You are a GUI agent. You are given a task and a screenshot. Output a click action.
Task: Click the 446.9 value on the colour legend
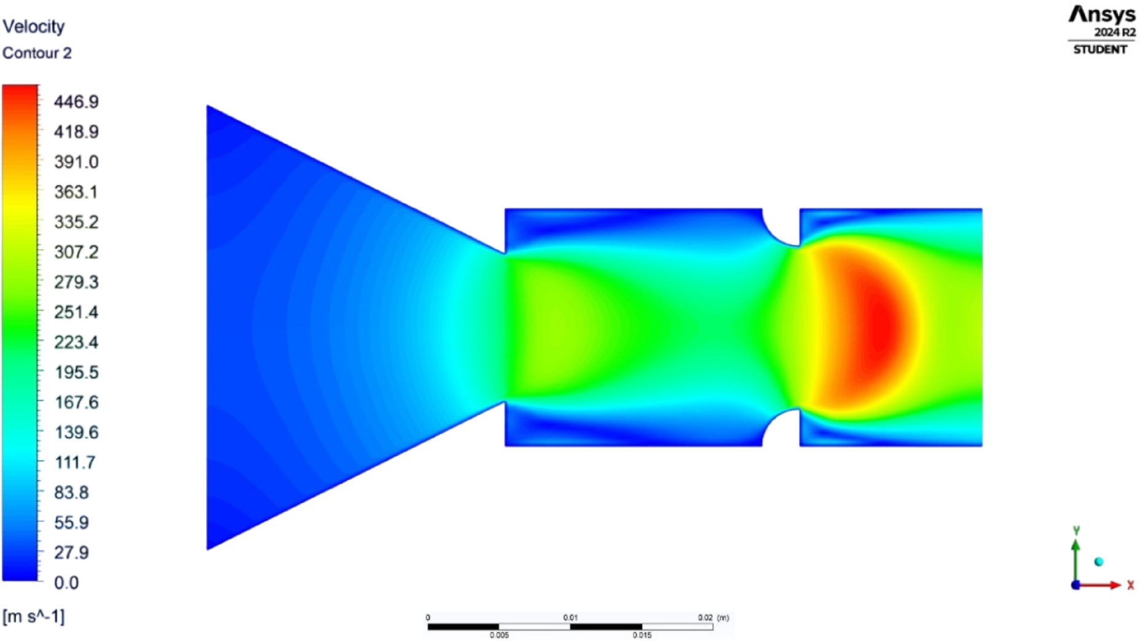(x=76, y=102)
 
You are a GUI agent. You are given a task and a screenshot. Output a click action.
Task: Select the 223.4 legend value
(x=76, y=343)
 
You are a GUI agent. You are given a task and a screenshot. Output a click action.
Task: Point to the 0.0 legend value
(x=66, y=583)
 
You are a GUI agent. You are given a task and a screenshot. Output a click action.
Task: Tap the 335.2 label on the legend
(x=76, y=222)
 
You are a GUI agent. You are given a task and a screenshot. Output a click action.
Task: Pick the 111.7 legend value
(x=75, y=462)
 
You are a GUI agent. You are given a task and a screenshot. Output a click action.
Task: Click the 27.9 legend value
(x=72, y=553)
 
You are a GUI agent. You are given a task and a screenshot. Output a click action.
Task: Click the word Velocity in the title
(x=34, y=27)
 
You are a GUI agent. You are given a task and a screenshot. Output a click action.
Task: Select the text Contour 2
(x=37, y=53)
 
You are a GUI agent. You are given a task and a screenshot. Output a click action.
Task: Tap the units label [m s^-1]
(x=34, y=616)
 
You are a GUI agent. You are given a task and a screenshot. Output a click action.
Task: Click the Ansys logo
(x=1102, y=15)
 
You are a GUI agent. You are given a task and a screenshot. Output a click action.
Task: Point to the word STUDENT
(x=1100, y=50)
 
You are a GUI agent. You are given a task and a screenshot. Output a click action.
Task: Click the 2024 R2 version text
(x=1114, y=33)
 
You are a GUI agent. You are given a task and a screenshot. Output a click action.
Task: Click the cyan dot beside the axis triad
(x=1099, y=562)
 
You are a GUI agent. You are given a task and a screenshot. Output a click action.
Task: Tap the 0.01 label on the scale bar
(x=570, y=618)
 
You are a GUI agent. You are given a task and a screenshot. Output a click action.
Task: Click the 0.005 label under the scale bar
(x=499, y=635)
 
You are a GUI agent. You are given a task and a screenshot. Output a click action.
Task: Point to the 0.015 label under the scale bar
(x=642, y=635)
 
